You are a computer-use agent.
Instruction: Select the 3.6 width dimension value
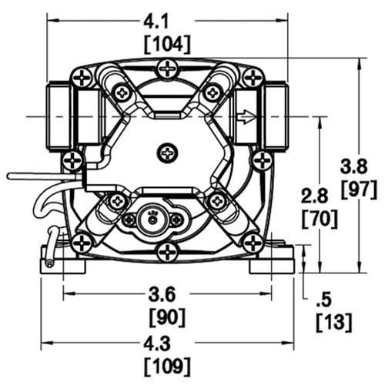167,293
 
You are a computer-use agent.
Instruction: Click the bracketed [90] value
167,316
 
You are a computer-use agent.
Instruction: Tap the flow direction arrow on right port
246,117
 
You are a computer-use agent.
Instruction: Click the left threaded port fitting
60,116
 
